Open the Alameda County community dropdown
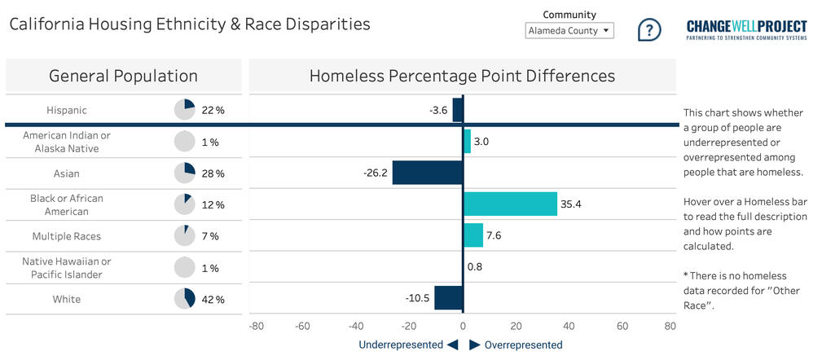pos(569,31)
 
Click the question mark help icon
pos(648,30)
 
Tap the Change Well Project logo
pos(747,31)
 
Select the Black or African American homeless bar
pos(510,204)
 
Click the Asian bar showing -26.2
pos(428,173)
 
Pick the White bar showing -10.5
pos(448,299)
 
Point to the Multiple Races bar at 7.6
pos(473,235)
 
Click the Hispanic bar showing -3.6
pos(458,110)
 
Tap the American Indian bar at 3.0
pos(467,142)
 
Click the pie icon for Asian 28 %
pos(185,173)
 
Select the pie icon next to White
pos(185,299)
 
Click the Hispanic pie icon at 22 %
pos(185,110)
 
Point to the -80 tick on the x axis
pos(257,327)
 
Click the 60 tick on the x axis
pos(622,327)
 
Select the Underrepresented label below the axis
pos(399,345)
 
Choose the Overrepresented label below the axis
pos(523,345)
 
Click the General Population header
pos(123,77)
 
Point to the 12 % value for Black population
pos(213,204)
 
